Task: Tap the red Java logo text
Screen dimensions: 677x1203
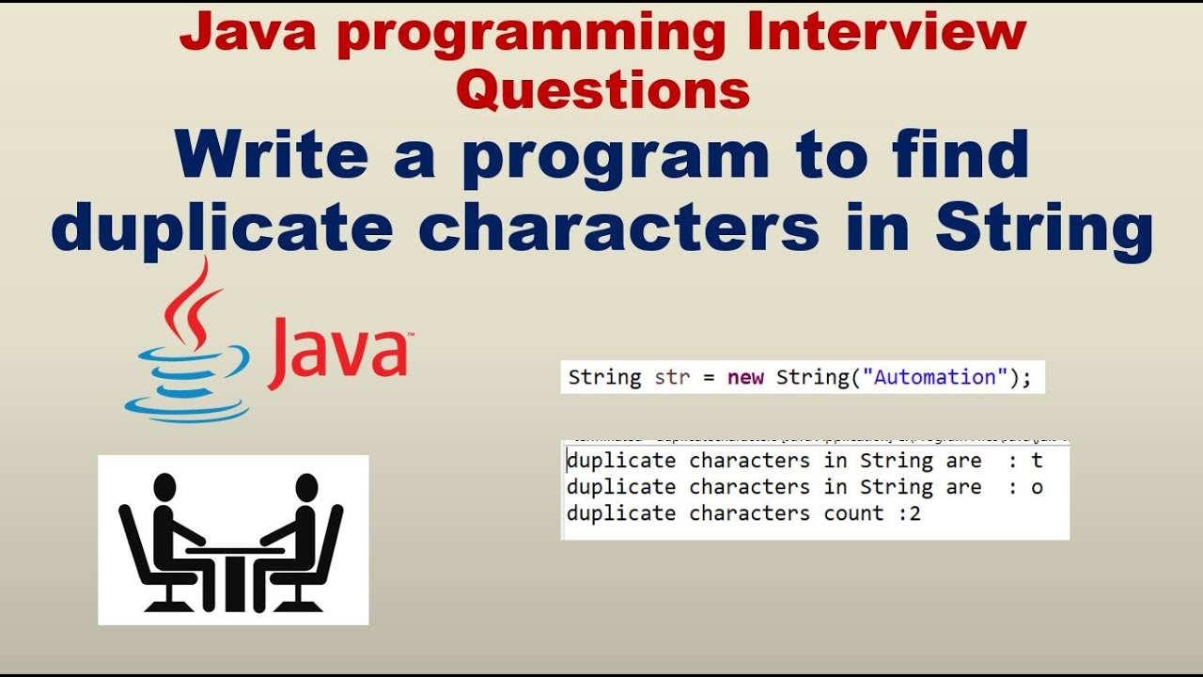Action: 340,353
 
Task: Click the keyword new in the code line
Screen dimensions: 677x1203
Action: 745,377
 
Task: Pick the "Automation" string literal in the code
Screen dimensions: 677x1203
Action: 934,377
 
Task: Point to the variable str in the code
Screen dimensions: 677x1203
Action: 672,377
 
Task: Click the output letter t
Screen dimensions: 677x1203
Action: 1037,461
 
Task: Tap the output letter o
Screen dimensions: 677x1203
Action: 1037,487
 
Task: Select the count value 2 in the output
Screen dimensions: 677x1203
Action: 914,513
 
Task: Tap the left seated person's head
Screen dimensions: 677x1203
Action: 164,487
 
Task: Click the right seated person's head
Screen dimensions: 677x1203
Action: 306,487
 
